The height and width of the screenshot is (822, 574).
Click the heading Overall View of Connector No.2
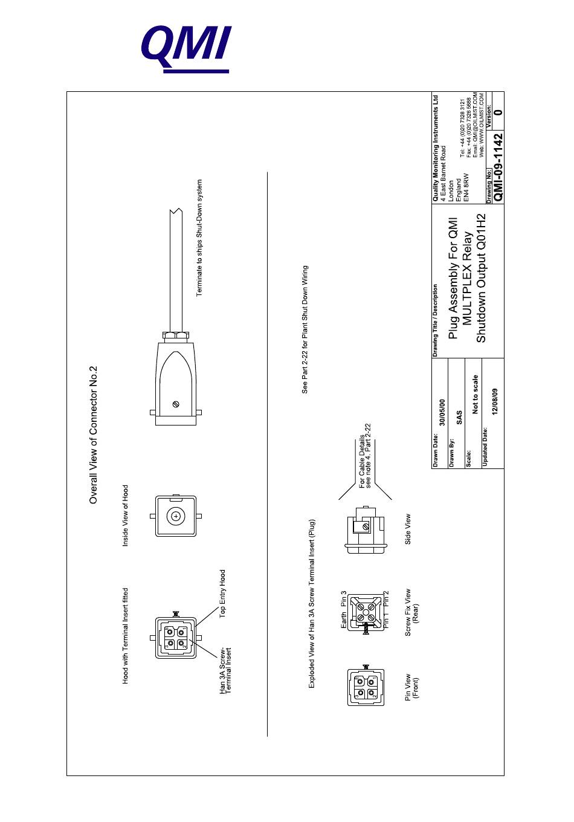coord(93,435)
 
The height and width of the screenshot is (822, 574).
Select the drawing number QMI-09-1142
coord(498,166)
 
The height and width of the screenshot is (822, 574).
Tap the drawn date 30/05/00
coord(442,413)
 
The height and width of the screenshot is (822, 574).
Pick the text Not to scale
coord(476,394)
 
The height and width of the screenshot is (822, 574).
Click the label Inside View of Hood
coord(126,516)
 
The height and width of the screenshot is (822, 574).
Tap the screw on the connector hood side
coord(176,404)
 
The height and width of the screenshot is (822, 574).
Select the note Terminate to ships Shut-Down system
coord(200,238)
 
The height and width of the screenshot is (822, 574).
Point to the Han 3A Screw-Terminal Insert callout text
coord(225,670)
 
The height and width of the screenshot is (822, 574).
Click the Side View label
coord(408,529)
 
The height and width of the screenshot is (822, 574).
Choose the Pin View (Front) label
coord(411,687)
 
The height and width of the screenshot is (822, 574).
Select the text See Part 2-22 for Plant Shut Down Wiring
coord(305,329)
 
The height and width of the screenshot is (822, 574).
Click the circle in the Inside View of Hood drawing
coord(175,516)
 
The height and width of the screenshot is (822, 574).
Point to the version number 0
coord(497,112)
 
